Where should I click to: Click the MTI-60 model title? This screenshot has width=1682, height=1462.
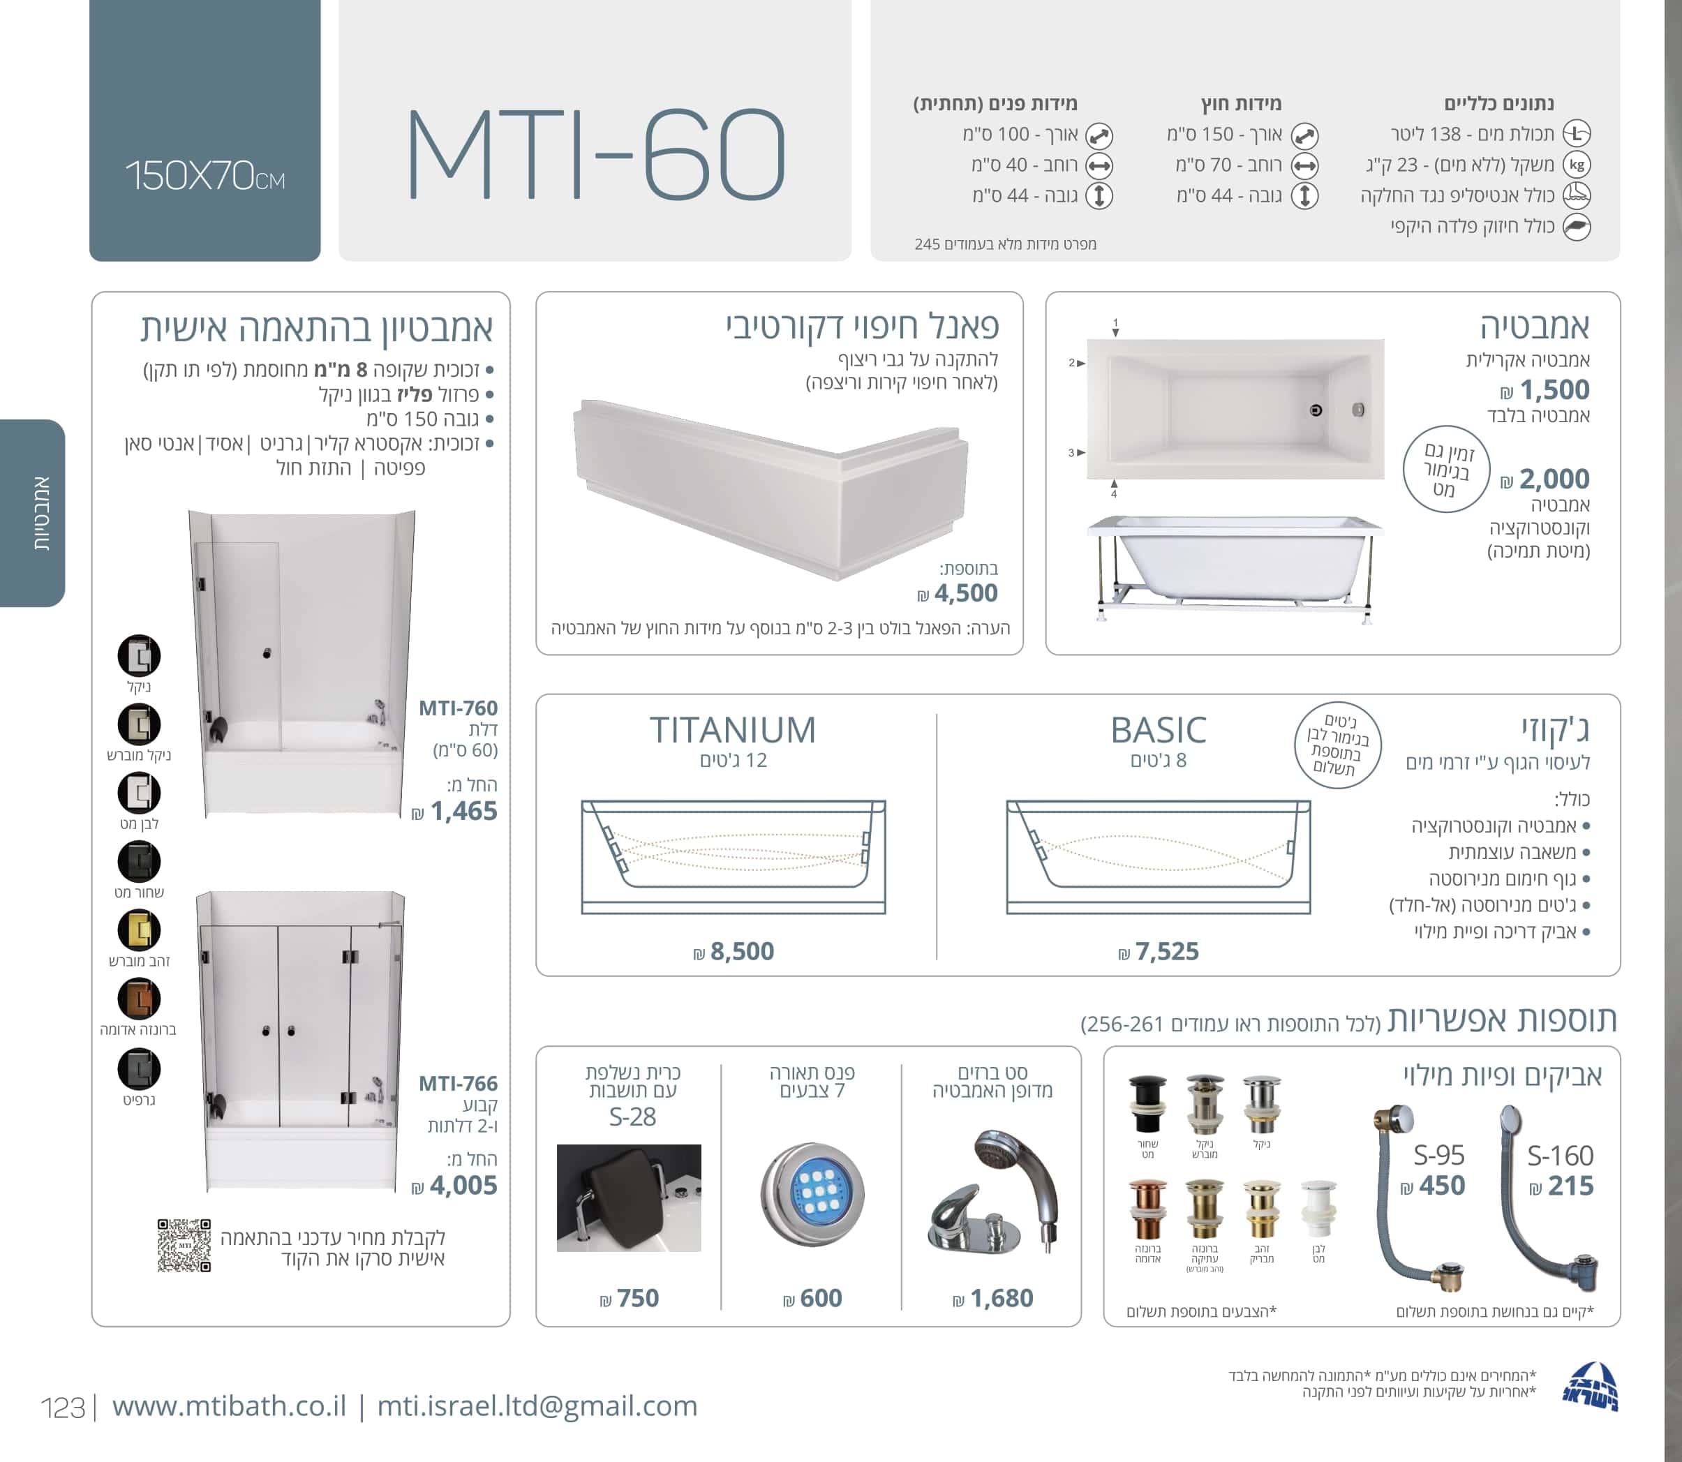point(595,154)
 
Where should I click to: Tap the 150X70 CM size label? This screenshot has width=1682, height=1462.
point(204,175)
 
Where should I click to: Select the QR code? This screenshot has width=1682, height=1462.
point(184,1246)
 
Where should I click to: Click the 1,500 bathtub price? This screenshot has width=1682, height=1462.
point(1546,389)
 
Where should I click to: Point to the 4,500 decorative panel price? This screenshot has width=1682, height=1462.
point(958,593)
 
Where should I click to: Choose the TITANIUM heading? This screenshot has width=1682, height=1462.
point(733,729)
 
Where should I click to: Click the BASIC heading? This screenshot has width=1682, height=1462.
point(1159,729)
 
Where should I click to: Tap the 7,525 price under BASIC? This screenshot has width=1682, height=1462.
point(1159,951)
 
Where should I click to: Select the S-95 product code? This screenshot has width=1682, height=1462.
point(1439,1155)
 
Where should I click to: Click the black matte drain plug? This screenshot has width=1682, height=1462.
point(1147,1105)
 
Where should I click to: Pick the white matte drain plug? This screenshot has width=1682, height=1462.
point(1319,1209)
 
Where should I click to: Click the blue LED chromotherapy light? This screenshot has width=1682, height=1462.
point(812,1195)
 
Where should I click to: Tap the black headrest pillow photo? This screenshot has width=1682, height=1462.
point(629,1198)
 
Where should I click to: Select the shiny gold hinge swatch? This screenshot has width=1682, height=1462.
point(139,930)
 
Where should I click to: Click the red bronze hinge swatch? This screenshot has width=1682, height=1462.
point(139,999)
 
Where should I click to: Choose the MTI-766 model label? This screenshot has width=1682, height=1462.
point(458,1084)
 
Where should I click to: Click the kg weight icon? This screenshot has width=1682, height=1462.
point(1577,165)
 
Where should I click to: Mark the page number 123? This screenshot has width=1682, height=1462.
point(63,1408)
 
